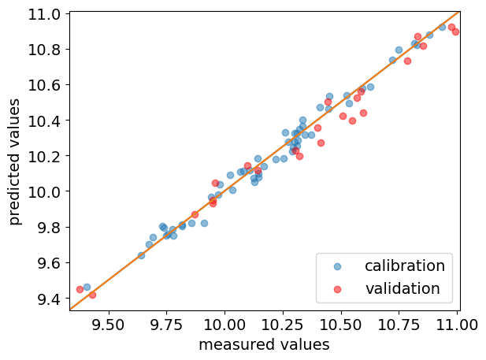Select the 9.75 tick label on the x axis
pyautogui.click(x=166, y=323)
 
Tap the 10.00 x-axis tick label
pyautogui.click(x=224, y=323)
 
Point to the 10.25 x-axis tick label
pyautogui.click(x=284, y=323)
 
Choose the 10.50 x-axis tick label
pyautogui.click(x=342, y=323)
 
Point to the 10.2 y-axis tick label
pyautogui.click(x=45, y=156)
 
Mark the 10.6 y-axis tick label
pyautogui.click(x=45, y=85)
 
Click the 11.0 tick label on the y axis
pyautogui.click(x=45, y=14)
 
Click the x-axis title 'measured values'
pyautogui.click(x=264, y=344)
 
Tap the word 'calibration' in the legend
pyautogui.click(x=405, y=265)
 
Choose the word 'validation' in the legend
pyautogui.click(x=403, y=289)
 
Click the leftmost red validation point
pyautogui.click(x=80, y=289)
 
